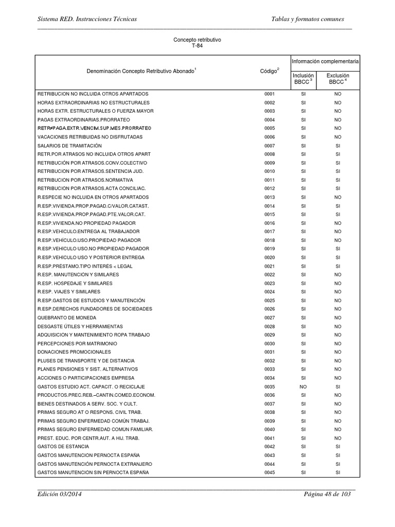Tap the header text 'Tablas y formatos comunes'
point(310,19)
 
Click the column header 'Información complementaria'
point(325,61)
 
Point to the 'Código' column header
point(270,71)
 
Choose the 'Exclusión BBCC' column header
point(338,78)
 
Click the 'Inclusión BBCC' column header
point(303,78)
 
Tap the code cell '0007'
point(270,146)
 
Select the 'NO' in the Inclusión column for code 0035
point(303,387)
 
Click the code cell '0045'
point(270,472)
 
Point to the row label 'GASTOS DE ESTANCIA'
point(63,447)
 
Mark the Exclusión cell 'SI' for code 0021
point(338,266)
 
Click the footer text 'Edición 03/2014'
point(59,494)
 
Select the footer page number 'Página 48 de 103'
point(327,494)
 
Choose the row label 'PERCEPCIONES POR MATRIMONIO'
point(77,343)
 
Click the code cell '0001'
point(270,94)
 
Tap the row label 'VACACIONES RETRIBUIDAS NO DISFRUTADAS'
point(90,137)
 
